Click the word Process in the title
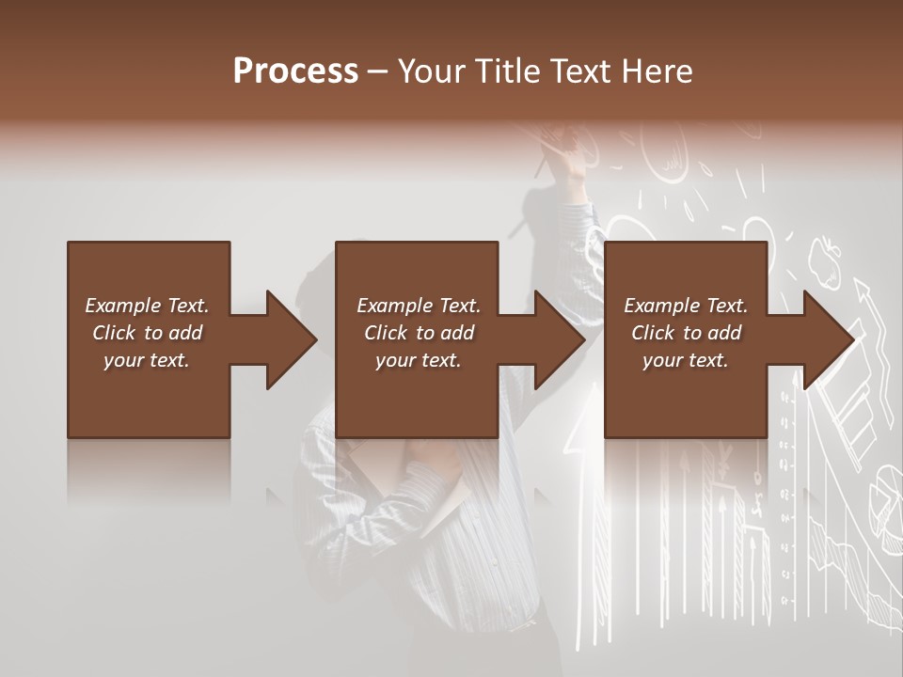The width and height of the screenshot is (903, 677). click(295, 71)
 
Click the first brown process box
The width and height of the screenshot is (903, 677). click(148, 339)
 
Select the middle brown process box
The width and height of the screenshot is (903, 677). click(417, 339)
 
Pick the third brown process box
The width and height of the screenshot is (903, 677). click(685, 339)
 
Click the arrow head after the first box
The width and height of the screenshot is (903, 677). click(292, 339)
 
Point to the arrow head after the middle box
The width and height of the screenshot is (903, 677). click(560, 339)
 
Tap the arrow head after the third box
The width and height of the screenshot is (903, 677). click(829, 339)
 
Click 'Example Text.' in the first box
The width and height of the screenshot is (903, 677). click(148, 306)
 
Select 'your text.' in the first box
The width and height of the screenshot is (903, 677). click(148, 360)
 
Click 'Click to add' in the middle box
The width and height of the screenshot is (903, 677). click(420, 333)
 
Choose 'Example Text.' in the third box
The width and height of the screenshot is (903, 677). click(686, 306)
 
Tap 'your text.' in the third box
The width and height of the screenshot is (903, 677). click(686, 360)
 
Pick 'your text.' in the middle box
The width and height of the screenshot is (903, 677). click(419, 360)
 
